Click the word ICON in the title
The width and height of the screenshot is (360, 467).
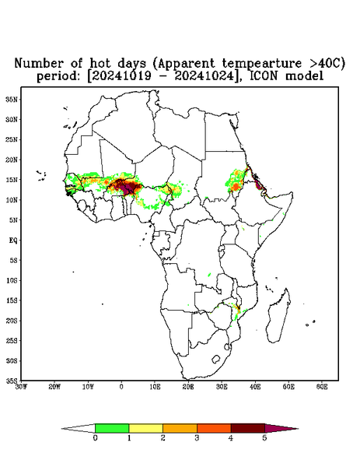pos(264,76)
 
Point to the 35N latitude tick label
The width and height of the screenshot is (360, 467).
pos(12,99)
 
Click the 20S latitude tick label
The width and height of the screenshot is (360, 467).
pos(12,321)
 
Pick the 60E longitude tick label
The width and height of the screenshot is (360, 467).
pos(322,387)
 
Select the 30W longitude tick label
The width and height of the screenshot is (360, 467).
pos(21,387)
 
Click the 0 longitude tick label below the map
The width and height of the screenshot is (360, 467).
pos(121,387)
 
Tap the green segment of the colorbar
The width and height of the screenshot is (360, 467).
pos(112,428)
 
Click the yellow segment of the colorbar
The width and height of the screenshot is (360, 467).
pos(145,428)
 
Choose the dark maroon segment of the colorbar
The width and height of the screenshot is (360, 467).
pos(248,428)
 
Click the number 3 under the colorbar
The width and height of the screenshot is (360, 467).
pos(197,438)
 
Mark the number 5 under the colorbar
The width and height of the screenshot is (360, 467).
pos(264,438)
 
